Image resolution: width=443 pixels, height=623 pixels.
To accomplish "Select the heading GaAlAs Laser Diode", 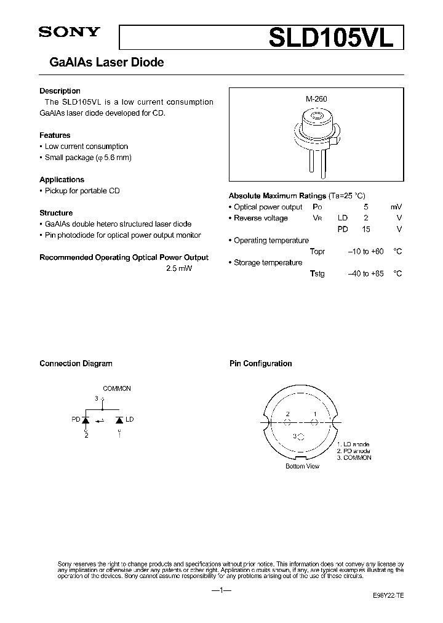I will [102, 62].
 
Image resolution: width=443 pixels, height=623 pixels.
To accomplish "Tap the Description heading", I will [60, 91].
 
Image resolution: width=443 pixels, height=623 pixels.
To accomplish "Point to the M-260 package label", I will [316, 99].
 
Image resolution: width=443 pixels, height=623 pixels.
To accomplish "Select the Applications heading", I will [62, 180].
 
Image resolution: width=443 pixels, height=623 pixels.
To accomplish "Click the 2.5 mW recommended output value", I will [179, 269].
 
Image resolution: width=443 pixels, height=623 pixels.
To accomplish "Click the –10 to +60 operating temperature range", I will [365, 252].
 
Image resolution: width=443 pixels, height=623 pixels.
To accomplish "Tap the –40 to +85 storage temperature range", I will [365, 274].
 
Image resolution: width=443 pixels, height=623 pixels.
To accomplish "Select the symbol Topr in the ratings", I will [317, 252].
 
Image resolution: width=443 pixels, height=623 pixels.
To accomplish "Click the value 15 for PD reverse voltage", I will [365, 230].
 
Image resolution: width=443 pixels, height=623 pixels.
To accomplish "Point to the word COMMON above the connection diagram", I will [116, 388].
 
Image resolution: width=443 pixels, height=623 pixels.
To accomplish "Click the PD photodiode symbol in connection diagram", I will [86, 420].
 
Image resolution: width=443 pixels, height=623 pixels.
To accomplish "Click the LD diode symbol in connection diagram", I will [119, 420].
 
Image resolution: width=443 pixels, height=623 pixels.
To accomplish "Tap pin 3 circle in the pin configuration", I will [300, 437].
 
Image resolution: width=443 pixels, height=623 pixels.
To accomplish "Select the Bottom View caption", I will [302, 467].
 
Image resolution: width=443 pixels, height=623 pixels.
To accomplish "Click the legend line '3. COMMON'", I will [354, 458].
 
